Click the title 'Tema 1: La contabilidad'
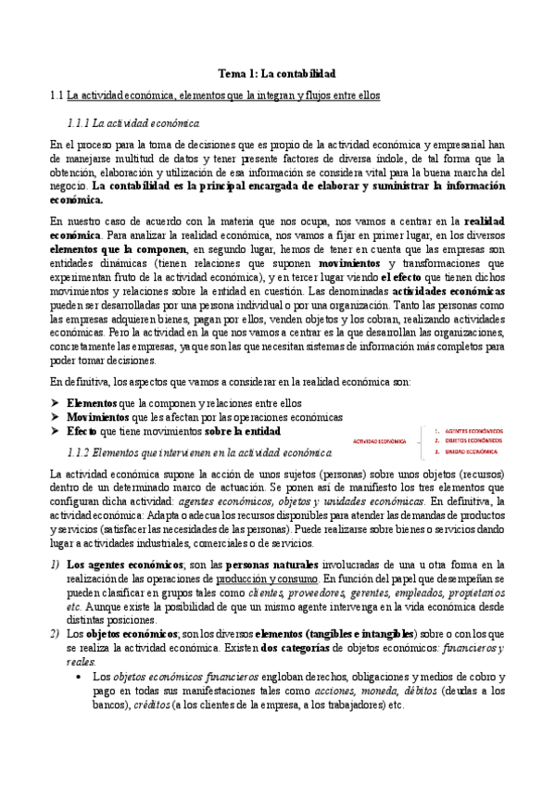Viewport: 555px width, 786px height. [276, 72]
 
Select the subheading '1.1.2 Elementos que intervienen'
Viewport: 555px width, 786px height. [199, 452]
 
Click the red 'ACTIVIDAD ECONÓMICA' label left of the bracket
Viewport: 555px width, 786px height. [382, 442]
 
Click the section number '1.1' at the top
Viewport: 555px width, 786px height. [56, 95]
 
